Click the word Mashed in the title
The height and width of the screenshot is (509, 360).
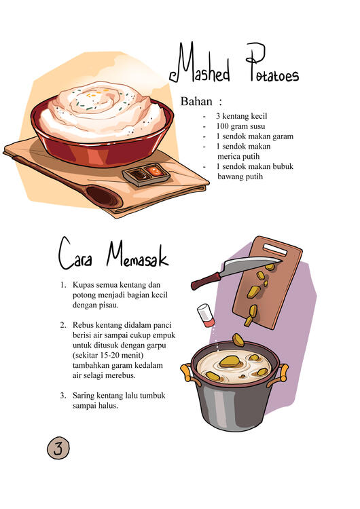tap(199, 63)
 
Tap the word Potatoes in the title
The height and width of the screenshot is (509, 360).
tap(272, 62)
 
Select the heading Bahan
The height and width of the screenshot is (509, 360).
tap(196, 102)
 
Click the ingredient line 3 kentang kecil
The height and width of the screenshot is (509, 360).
tap(241, 116)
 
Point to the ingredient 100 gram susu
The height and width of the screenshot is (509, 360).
tap(240, 126)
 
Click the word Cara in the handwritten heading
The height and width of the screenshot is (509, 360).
tap(75, 254)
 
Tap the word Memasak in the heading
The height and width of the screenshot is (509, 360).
tap(137, 255)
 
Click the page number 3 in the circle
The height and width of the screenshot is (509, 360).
tap(58, 449)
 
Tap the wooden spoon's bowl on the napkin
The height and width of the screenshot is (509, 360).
tap(103, 196)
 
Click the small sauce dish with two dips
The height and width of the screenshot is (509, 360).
tap(146, 174)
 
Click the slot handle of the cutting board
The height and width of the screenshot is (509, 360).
tap(275, 249)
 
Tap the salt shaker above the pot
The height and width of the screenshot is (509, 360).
tap(206, 315)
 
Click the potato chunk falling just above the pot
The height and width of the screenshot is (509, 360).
tap(238, 340)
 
